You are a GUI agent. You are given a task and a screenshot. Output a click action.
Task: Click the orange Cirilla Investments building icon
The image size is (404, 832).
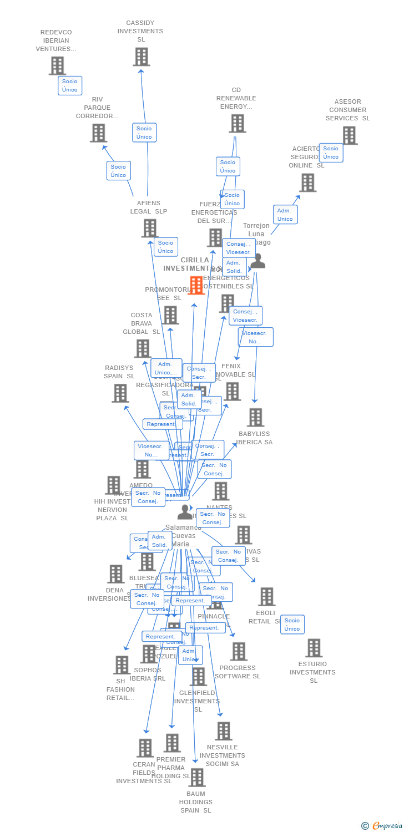[x=196, y=285]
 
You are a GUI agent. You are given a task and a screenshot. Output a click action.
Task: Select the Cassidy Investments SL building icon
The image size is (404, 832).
[x=141, y=57]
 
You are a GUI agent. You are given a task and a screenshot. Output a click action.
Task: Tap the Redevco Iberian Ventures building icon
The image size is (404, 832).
[x=57, y=66]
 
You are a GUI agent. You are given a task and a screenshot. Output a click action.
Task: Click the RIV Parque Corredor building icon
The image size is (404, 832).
[x=98, y=133]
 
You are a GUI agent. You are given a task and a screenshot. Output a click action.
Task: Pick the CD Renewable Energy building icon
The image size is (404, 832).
[x=238, y=124]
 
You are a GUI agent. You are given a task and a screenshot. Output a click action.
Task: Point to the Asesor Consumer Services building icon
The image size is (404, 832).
[x=349, y=135]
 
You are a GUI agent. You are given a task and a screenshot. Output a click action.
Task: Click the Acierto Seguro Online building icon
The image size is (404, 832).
[x=307, y=182]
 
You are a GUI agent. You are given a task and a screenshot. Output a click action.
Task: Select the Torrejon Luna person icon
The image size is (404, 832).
[x=257, y=261]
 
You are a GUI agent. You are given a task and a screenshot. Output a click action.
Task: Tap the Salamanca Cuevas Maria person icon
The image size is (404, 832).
[x=185, y=513]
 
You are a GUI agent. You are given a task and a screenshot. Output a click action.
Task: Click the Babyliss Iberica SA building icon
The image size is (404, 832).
[x=255, y=418]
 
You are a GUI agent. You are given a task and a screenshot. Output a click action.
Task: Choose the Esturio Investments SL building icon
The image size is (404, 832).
[x=314, y=648]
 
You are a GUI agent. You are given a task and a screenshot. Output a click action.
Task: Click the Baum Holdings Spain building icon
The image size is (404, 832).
[x=196, y=778]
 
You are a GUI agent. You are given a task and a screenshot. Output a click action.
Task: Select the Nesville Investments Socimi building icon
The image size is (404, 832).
[x=223, y=731]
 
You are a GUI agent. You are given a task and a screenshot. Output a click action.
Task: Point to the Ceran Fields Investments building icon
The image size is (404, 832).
[x=145, y=748]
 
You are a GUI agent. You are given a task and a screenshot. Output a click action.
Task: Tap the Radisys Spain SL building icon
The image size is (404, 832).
[x=120, y=393]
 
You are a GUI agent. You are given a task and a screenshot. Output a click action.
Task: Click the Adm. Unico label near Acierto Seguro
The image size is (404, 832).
[x=285, y=215]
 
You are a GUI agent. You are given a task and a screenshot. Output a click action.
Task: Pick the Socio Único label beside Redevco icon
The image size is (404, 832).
[x=70, y=85]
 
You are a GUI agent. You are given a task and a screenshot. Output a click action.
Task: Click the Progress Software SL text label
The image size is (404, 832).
[x=237, y=672]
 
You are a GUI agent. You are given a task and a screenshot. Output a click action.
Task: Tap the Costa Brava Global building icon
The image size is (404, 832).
[x=143, y=349]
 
